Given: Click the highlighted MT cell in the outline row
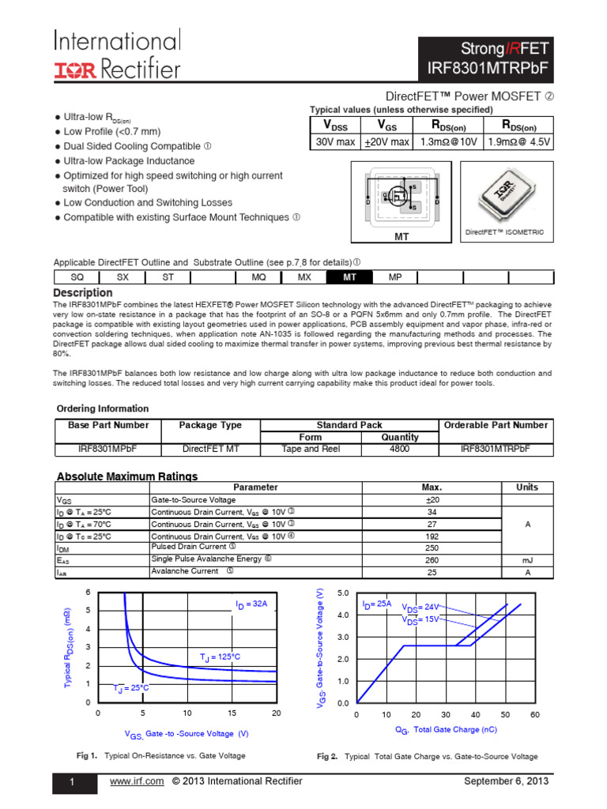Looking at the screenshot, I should point(349,277).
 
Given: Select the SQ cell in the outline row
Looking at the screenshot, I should point(77,277).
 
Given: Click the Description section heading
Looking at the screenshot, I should point(83,293).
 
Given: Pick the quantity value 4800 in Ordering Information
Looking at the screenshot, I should point(400,449).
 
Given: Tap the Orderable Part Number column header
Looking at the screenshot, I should point(496,425).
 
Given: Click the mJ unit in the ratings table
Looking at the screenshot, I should point(527,559).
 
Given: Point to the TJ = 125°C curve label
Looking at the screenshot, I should point(220,657).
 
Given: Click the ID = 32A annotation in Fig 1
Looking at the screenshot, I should point(251,604).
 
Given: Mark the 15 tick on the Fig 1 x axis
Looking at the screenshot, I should point(232,713).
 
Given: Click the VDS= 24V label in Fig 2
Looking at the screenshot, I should point(420,608).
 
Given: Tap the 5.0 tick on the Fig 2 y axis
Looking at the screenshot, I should point(343,593).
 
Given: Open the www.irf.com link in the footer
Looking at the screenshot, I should point(138,781).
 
